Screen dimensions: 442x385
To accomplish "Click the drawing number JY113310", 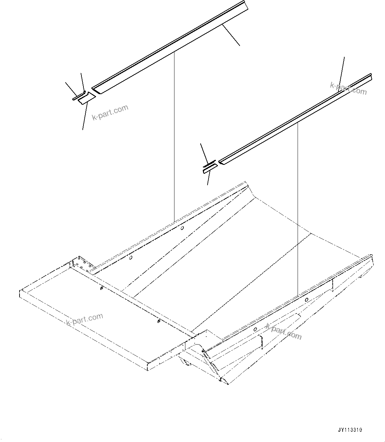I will (x=350, y=430).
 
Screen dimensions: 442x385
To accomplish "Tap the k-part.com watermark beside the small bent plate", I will (x=110, y=113).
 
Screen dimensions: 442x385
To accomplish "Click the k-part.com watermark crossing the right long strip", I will (x=348, y=88).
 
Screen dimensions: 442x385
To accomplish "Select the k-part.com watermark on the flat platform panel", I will (x=85, y=319).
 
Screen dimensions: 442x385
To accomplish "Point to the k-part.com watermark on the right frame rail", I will (x=283, y=331).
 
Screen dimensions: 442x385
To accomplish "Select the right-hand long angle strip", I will (x=295, y=119).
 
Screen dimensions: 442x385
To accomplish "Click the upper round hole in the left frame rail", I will (x=182, y=228).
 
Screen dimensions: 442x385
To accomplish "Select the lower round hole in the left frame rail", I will (x=131, y=258).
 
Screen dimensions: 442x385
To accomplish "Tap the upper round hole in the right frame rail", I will (x=307, y=300).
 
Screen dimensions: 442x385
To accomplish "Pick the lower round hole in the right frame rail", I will (x=255, y=329).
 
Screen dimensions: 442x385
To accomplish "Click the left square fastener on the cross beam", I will (x=100, y=289).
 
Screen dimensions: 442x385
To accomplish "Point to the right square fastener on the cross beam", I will (x=159, y=321).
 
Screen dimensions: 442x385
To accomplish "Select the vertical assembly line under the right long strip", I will (x=298, y=208).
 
